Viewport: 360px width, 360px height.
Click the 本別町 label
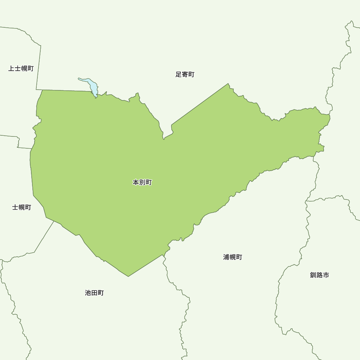142,183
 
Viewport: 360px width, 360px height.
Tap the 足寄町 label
185,75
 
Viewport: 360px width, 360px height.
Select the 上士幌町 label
21,68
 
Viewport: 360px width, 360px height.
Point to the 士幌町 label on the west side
22,207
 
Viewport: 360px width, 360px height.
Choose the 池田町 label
94,293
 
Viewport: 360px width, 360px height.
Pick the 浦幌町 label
233,257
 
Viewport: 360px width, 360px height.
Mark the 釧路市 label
319,275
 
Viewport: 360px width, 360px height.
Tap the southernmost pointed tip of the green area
128,276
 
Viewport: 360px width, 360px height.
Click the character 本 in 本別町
136,183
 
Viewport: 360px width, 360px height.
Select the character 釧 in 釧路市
313,275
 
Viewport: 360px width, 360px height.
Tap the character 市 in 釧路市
326,275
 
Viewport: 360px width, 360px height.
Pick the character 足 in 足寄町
179,75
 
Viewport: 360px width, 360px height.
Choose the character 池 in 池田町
88,293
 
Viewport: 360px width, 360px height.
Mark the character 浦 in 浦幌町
226,257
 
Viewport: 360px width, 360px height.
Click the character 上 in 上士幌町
12,68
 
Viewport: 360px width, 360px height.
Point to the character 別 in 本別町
142,183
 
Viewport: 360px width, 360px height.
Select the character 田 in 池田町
94,293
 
